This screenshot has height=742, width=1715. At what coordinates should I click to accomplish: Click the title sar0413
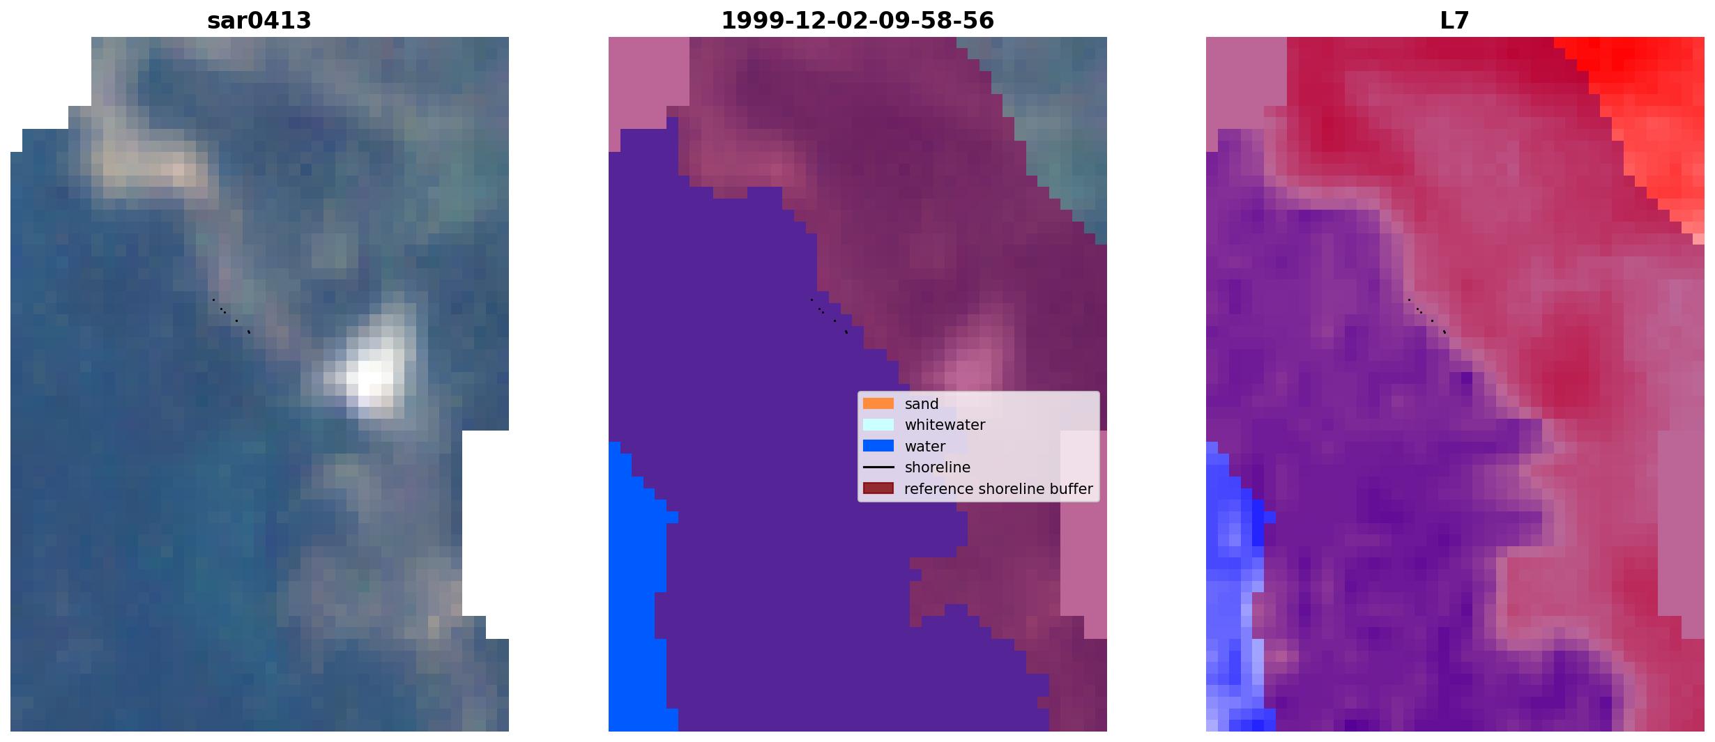[x=259, y=21]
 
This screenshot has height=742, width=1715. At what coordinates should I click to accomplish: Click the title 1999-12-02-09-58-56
[x=857, y=21]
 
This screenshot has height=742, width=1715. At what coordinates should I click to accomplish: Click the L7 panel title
[x=1455, y=21]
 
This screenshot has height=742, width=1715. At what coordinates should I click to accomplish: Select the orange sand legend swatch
[x=878, y=403]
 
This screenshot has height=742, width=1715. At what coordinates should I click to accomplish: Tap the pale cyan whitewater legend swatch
[x=878, y=424]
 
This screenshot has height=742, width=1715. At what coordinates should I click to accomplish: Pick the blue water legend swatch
[x=878, y=446]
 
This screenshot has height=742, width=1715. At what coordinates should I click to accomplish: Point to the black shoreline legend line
[x=878, y=467]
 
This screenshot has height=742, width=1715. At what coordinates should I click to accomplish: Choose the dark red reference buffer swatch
[x=878, y=488]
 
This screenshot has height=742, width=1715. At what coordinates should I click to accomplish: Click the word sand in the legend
[x=922, y=404]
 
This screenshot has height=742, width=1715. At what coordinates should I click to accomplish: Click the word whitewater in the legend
[x=945, y=425]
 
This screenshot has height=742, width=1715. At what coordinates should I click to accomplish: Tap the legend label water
[x=924, y=447]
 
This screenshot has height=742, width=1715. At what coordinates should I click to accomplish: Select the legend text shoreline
[x=937, y=467]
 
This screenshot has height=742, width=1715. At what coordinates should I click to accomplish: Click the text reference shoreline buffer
[x=998, y=489]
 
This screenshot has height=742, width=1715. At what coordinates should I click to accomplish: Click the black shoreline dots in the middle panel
[x=830, y=316]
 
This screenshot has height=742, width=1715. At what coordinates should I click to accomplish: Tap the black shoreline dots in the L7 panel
[x=1427, y=316]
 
